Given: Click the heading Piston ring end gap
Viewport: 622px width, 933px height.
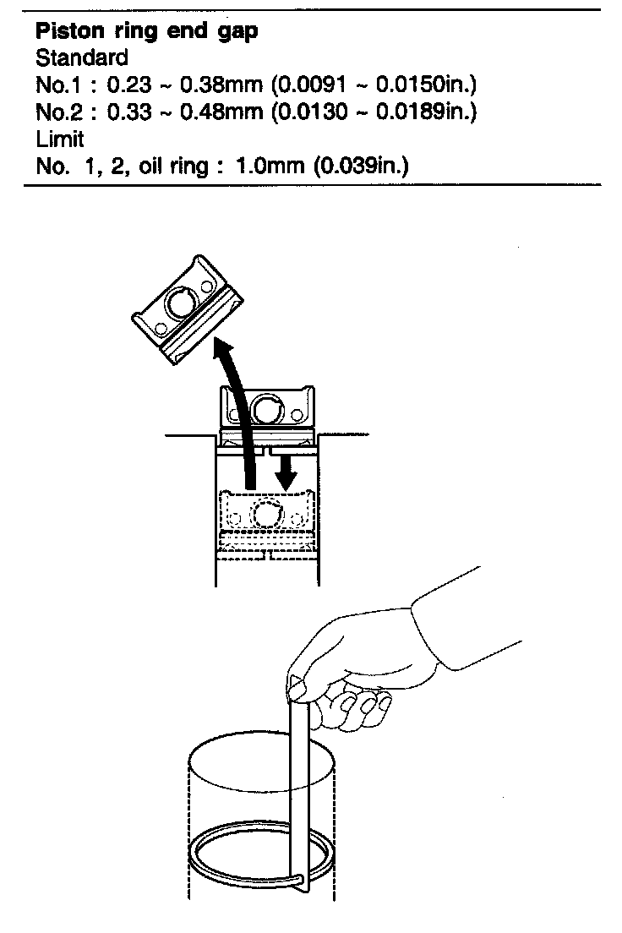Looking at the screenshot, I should coord(146,33).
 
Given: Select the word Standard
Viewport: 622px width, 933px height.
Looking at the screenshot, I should coord(82,58).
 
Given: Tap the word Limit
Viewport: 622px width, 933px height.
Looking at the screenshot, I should coord(59,139).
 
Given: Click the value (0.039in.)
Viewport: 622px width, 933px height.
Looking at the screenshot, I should coord(361,166).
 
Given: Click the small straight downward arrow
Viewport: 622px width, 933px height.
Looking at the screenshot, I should coord(288,470).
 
